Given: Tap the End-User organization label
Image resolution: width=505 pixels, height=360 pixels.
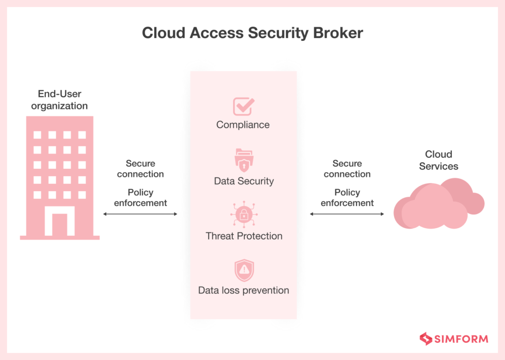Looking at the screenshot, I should point(59,100).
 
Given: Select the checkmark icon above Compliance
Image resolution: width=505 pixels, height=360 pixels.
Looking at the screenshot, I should point(243,106).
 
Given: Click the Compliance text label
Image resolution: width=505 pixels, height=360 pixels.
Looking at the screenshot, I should point(243,125).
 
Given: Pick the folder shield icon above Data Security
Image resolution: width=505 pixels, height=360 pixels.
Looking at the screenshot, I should point(244,159).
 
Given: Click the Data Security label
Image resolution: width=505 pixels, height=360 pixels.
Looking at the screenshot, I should point(244,181).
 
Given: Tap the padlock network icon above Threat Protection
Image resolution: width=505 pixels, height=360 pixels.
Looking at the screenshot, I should point(244,214).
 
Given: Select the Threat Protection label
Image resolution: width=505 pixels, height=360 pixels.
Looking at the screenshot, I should point(244,236).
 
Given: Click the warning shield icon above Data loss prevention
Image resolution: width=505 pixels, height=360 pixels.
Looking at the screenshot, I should point(244,270).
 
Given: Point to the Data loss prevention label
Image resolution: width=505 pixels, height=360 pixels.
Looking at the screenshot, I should point(244,290).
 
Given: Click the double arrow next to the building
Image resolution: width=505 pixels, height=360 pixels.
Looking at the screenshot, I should point(140,214).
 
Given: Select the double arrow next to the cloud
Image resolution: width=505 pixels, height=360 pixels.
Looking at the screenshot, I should point(347,214).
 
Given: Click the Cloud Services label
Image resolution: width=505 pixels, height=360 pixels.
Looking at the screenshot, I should point(438,160).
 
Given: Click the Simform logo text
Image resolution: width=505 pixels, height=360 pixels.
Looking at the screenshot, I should point(461,339).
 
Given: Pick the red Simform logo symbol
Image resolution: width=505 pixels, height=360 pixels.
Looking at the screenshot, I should point(426,339).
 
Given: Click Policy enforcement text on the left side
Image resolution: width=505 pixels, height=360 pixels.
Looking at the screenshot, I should point(140,197).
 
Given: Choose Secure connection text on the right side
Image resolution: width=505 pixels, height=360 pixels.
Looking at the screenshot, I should point(347,169).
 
